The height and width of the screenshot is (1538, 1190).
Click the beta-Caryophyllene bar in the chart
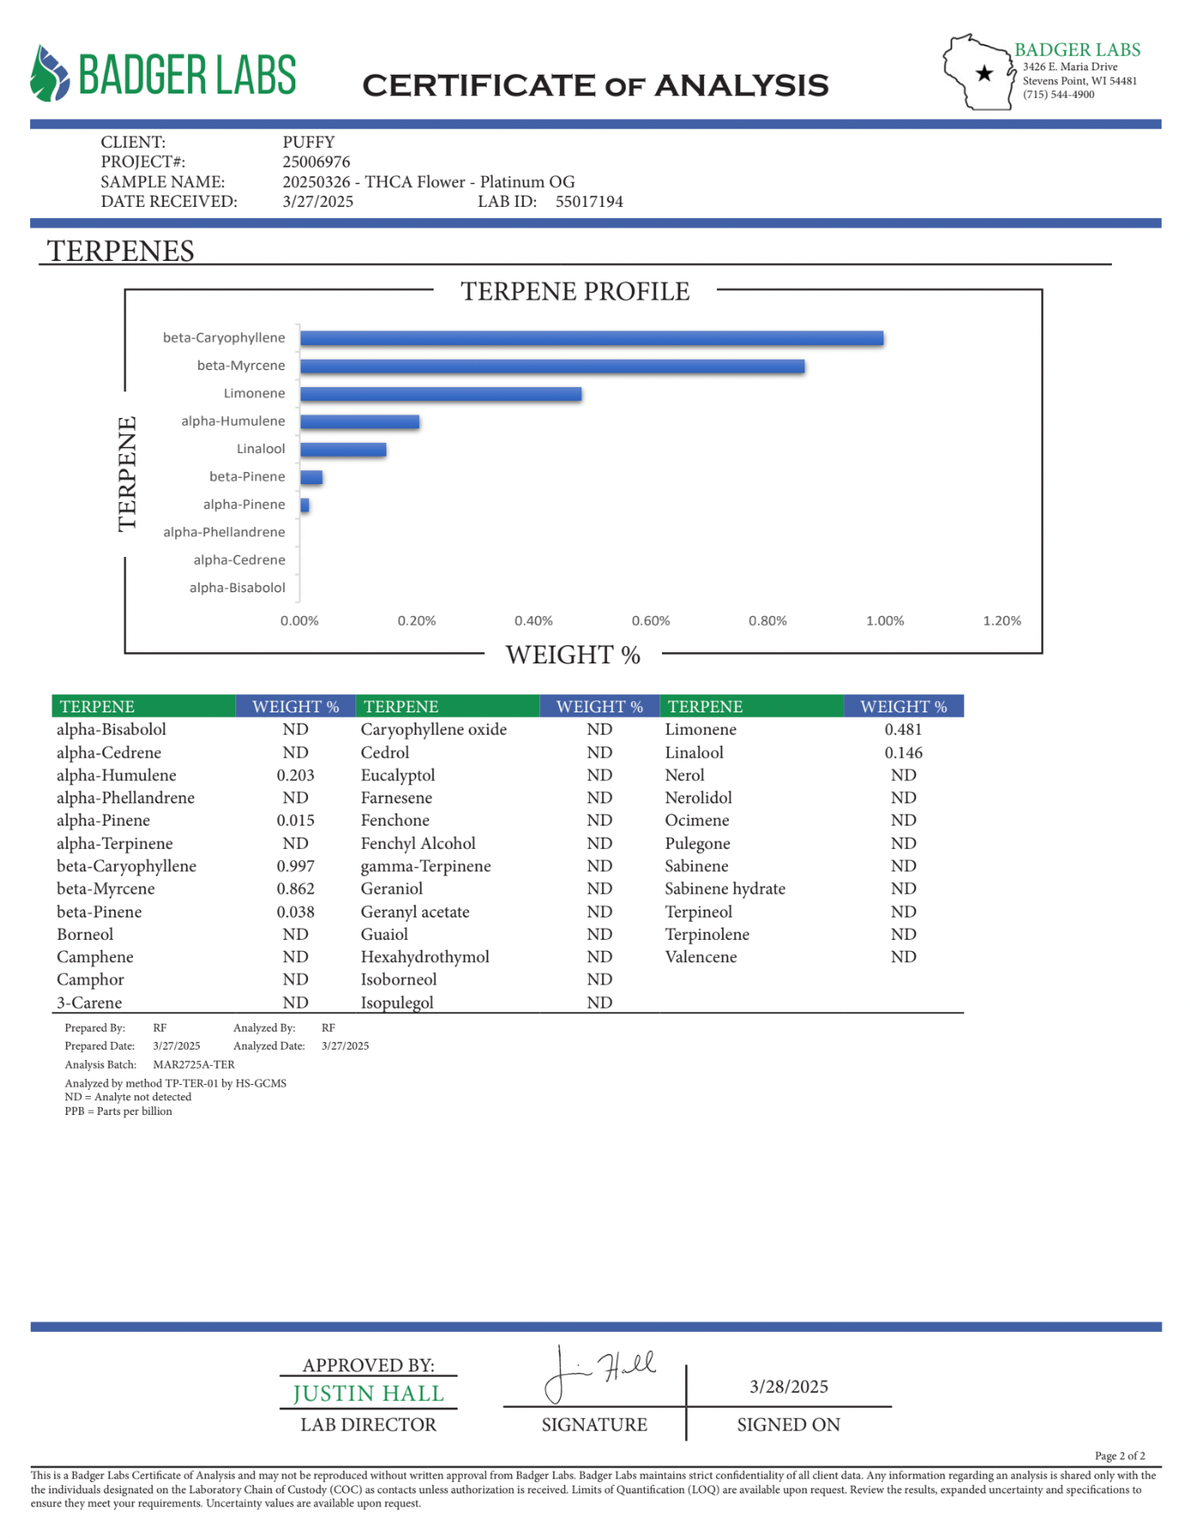(592, 338)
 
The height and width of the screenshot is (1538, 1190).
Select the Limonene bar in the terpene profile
(440, 394)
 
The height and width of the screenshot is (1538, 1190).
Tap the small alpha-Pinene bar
(305, 505)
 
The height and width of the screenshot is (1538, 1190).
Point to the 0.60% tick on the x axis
(651, 621)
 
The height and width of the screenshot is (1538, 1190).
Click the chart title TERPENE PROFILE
(574, 292)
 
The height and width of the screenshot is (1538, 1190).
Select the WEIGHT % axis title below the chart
(573, 655)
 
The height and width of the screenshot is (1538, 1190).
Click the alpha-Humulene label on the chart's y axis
(233, 421)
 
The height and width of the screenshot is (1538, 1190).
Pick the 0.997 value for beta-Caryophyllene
(295, 866)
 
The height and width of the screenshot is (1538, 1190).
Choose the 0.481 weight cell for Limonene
(903, 730)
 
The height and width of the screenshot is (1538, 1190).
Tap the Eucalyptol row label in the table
(398, 775)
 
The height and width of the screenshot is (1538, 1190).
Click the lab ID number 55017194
(589, 202)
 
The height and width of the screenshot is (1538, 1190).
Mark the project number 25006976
(316, 162)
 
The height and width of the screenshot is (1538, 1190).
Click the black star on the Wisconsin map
(985, 74)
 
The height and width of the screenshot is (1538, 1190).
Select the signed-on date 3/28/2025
(788, 1386)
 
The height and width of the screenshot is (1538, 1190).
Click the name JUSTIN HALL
(368, 1393)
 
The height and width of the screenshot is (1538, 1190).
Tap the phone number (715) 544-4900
(1058, 94)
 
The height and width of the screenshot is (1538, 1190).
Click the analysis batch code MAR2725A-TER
(193, 1064)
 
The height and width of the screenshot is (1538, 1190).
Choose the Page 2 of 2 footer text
(1120, 1456)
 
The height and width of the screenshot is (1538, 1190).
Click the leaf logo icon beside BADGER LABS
(49, 74)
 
